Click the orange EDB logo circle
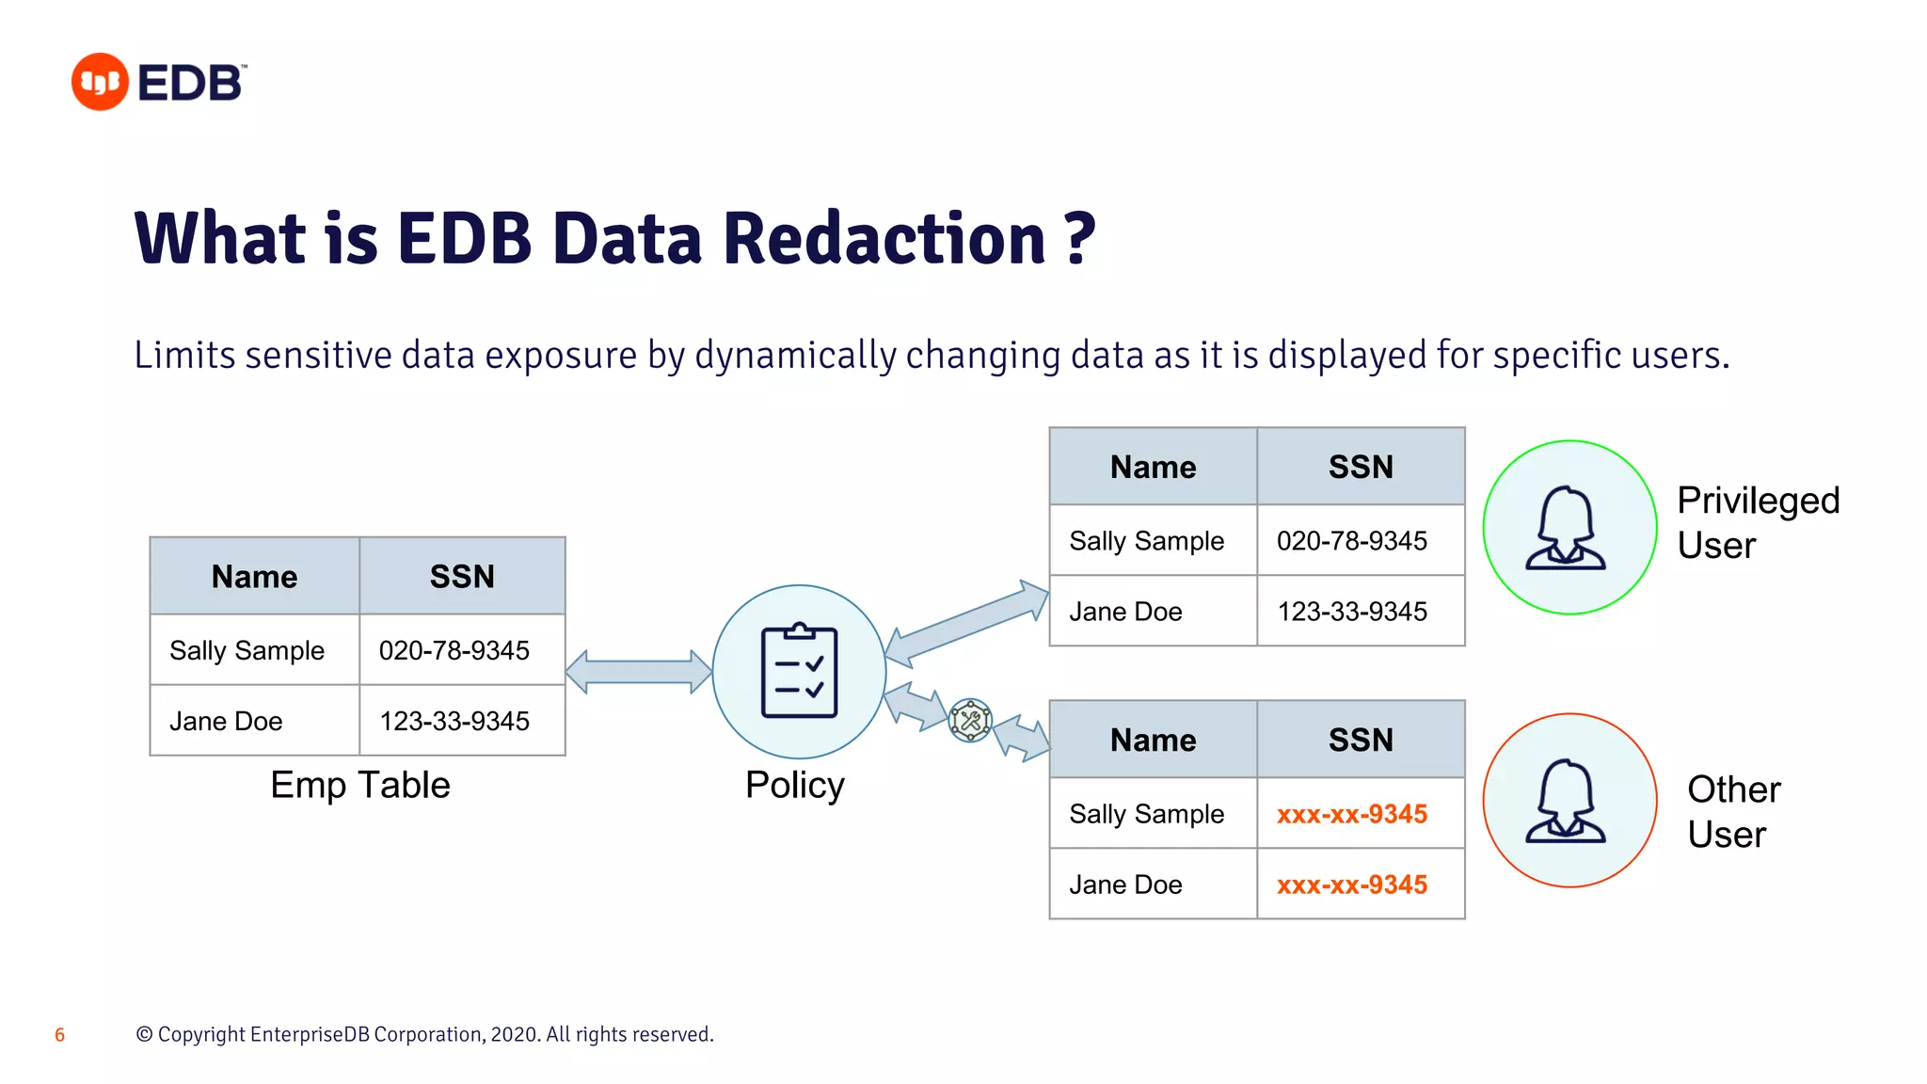point(100,82)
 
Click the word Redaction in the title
point(884,238)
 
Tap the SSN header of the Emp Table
point(462,577)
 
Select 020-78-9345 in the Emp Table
point(454,650)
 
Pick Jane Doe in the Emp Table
point(226,721)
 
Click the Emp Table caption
point(359,785)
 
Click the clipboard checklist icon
point(799,671)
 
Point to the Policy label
point(794,785)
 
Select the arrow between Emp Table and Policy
point(638,672)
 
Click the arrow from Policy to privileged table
point(966,622)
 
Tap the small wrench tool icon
point(970,721)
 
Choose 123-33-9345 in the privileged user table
point(1352,612)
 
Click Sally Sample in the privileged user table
point(1146,541)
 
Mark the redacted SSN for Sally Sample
point(1351,814)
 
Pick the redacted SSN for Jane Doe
point(1351,885)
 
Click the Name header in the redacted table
point(1153,741)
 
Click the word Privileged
point(1758,501)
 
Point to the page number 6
point(59,1035)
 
